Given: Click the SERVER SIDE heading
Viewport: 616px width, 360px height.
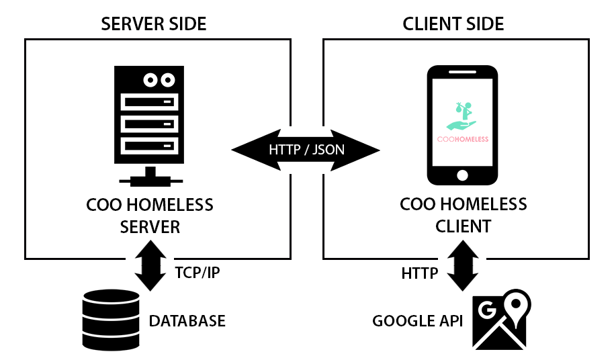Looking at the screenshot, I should click(x=153, y=24).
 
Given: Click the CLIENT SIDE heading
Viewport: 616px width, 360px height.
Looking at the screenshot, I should click(x=453, y=24).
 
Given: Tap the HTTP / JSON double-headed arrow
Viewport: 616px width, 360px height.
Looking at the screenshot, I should click(x=306, y=149).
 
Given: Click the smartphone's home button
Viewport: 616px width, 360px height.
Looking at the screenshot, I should click(x=462, y=175).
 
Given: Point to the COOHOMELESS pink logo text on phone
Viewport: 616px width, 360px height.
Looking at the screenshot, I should click(x=462, y=139).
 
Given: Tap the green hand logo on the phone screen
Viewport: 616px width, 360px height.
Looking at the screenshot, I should click(x=462, y=117).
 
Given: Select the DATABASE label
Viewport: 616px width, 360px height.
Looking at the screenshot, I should click(x=187, y=321).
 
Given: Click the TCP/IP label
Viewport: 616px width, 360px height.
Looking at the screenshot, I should click(x=196, y=274).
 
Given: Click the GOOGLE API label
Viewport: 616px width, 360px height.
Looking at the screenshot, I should click(x=418, y=321).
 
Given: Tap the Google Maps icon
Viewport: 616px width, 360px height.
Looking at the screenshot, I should click(x=501, y=322).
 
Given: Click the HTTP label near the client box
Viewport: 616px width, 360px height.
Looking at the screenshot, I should click(x=420, y=273).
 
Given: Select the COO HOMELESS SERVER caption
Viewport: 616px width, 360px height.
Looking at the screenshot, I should click(x=150, y=215).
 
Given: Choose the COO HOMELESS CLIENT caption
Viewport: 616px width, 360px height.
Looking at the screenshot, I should click(x=463, y=215).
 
